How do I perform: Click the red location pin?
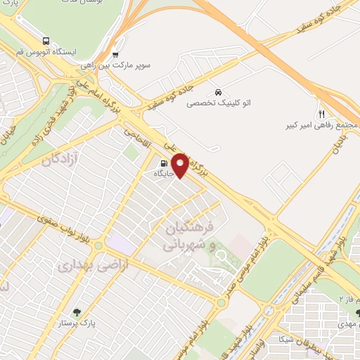[x=181, y=165]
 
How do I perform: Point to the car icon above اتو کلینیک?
[x=218, y=92]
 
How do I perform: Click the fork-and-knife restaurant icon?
[x=321, y=114]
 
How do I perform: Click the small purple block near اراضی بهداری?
[x=121, y=244]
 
